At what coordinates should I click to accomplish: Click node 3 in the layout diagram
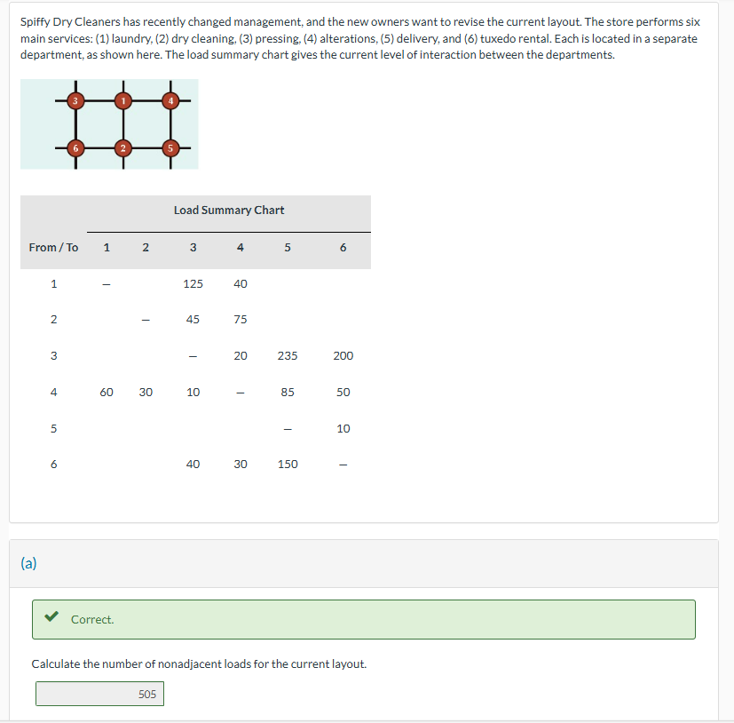click(x=75, y=101)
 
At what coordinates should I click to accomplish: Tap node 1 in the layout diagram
click(x=122, y=101)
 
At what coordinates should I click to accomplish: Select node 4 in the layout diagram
click(x=170, y=101)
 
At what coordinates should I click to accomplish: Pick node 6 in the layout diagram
click(x=75, y=147)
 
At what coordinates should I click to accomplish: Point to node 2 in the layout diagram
click(x=122, y=147)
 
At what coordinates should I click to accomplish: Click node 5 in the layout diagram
click(x=170, y=147)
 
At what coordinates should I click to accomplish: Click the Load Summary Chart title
click(x=229, y=211)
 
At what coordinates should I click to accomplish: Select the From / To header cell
click(x=53, y=248)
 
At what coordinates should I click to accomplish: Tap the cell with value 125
click(x=193, y=284)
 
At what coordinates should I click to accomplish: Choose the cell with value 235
click(x=288, y=356)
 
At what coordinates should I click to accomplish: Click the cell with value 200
click(x=343, y=356)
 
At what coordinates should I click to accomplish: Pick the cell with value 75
click(x=241, y=320)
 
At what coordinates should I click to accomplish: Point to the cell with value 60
click(x=107, y=393)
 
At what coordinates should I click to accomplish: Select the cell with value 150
click(x=288, y=465)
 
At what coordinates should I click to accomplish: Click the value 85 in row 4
click(x=288, y=393)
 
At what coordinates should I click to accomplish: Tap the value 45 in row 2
click(x=193, y=320)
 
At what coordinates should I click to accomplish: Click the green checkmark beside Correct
click(x=52, y=618)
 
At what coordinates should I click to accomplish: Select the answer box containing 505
click(x=99, y=694)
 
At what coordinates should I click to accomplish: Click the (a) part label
click(x=29, y=563)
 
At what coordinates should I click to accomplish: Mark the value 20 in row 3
click(x=241, y=356)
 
